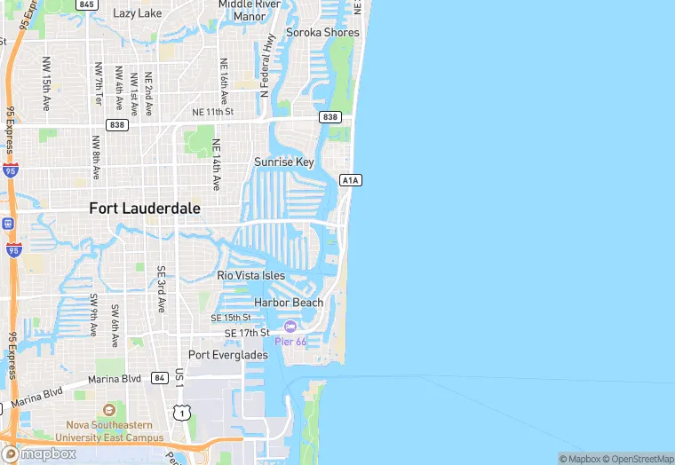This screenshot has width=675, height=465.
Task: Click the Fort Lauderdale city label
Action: tap(145, 209)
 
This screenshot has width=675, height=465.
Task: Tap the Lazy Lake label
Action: tap(138, 13)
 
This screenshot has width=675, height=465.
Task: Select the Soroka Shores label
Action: tap(322, 33)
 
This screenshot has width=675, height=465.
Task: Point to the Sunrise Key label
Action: tap(284, 162)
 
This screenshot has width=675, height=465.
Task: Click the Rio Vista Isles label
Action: tap(251, 276)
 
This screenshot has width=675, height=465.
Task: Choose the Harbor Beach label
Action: tap(289, 303)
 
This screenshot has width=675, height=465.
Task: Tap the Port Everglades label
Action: tap(227, 355)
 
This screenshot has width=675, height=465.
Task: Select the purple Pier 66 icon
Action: tap(290, 327)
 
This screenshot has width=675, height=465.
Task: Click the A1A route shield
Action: tap(350, 180)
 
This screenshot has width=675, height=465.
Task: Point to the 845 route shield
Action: tap(86, 4)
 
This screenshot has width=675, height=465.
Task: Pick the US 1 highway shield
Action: tap(182, 413)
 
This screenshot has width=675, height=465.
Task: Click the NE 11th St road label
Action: tap(212, 113)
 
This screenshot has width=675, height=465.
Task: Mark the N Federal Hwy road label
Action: tap(265, 63)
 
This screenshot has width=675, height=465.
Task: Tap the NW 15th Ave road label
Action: tap(46, 83)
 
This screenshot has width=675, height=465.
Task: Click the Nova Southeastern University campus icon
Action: tap(109, 411)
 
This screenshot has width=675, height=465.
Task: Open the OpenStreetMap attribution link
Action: tap(637, 459)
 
